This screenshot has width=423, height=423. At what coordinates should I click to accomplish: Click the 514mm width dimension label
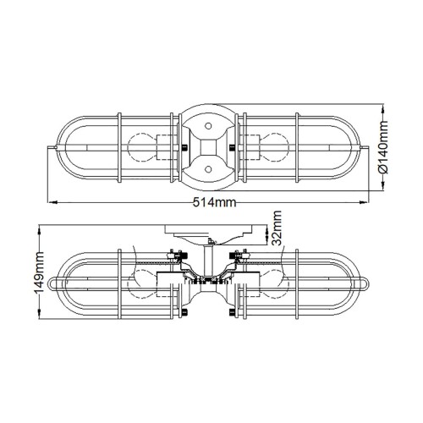tap(212, 202)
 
